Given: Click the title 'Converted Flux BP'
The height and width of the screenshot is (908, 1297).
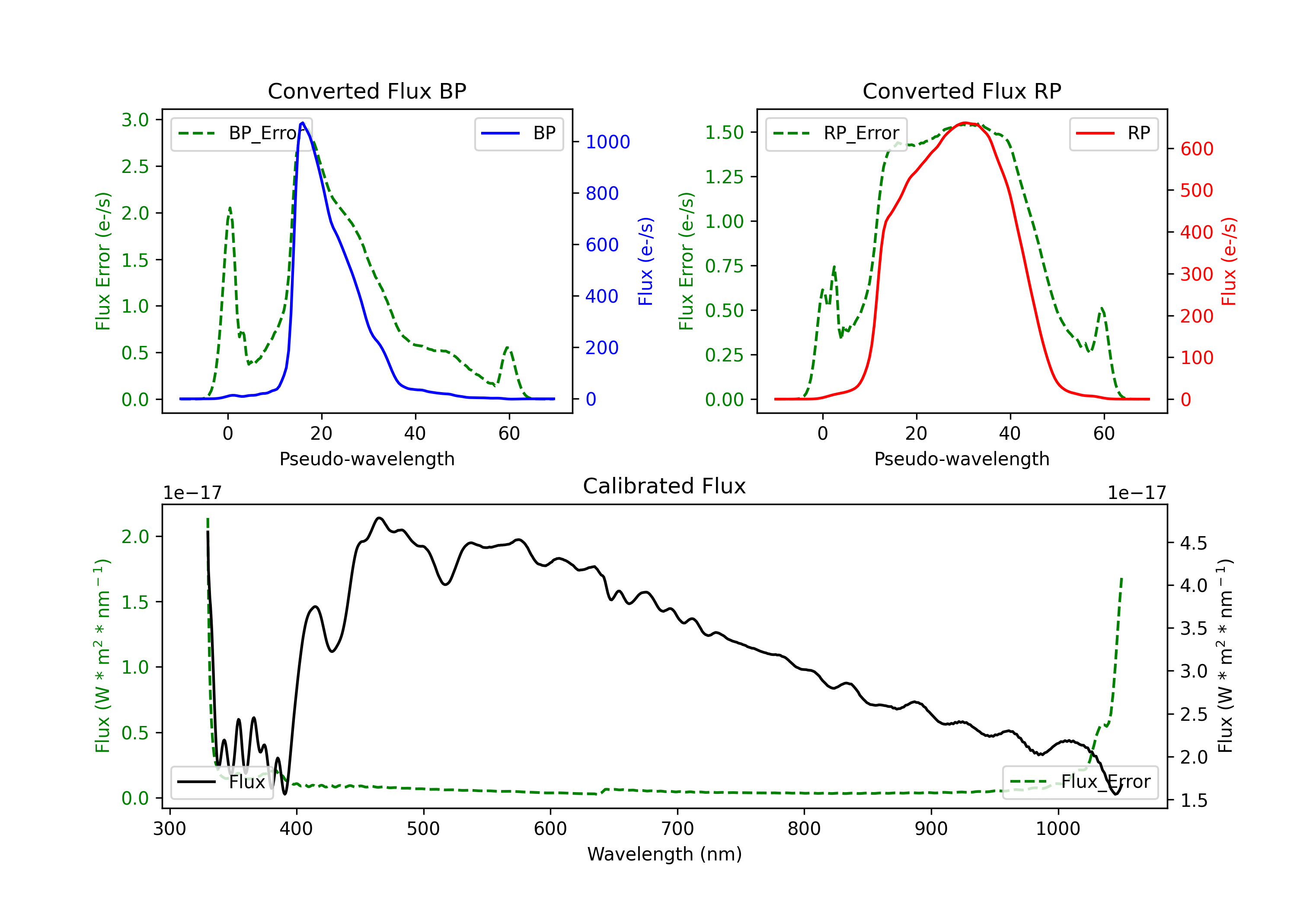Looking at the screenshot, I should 367,91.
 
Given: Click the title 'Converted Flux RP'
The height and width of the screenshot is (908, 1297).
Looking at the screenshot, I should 962,91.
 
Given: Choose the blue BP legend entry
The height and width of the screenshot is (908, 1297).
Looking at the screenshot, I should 518,133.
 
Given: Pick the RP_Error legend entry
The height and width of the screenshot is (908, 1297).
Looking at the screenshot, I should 836,133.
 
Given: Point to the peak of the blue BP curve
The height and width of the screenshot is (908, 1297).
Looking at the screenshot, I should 303,123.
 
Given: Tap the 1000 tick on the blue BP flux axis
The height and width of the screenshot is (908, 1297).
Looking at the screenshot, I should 607,142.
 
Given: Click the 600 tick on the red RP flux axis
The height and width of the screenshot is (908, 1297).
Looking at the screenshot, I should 1196,149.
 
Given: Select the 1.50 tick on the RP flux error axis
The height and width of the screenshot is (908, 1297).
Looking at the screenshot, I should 724,132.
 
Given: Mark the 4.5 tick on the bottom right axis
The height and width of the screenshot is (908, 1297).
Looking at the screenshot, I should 1193,544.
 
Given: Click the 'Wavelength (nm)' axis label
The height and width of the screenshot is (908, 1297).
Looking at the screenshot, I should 664,854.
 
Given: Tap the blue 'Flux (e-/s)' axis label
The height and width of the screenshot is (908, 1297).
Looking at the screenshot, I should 645,261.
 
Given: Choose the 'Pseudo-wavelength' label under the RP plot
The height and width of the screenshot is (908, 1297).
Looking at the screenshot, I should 962,459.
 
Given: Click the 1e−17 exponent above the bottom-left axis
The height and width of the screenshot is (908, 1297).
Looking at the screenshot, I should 192,493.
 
